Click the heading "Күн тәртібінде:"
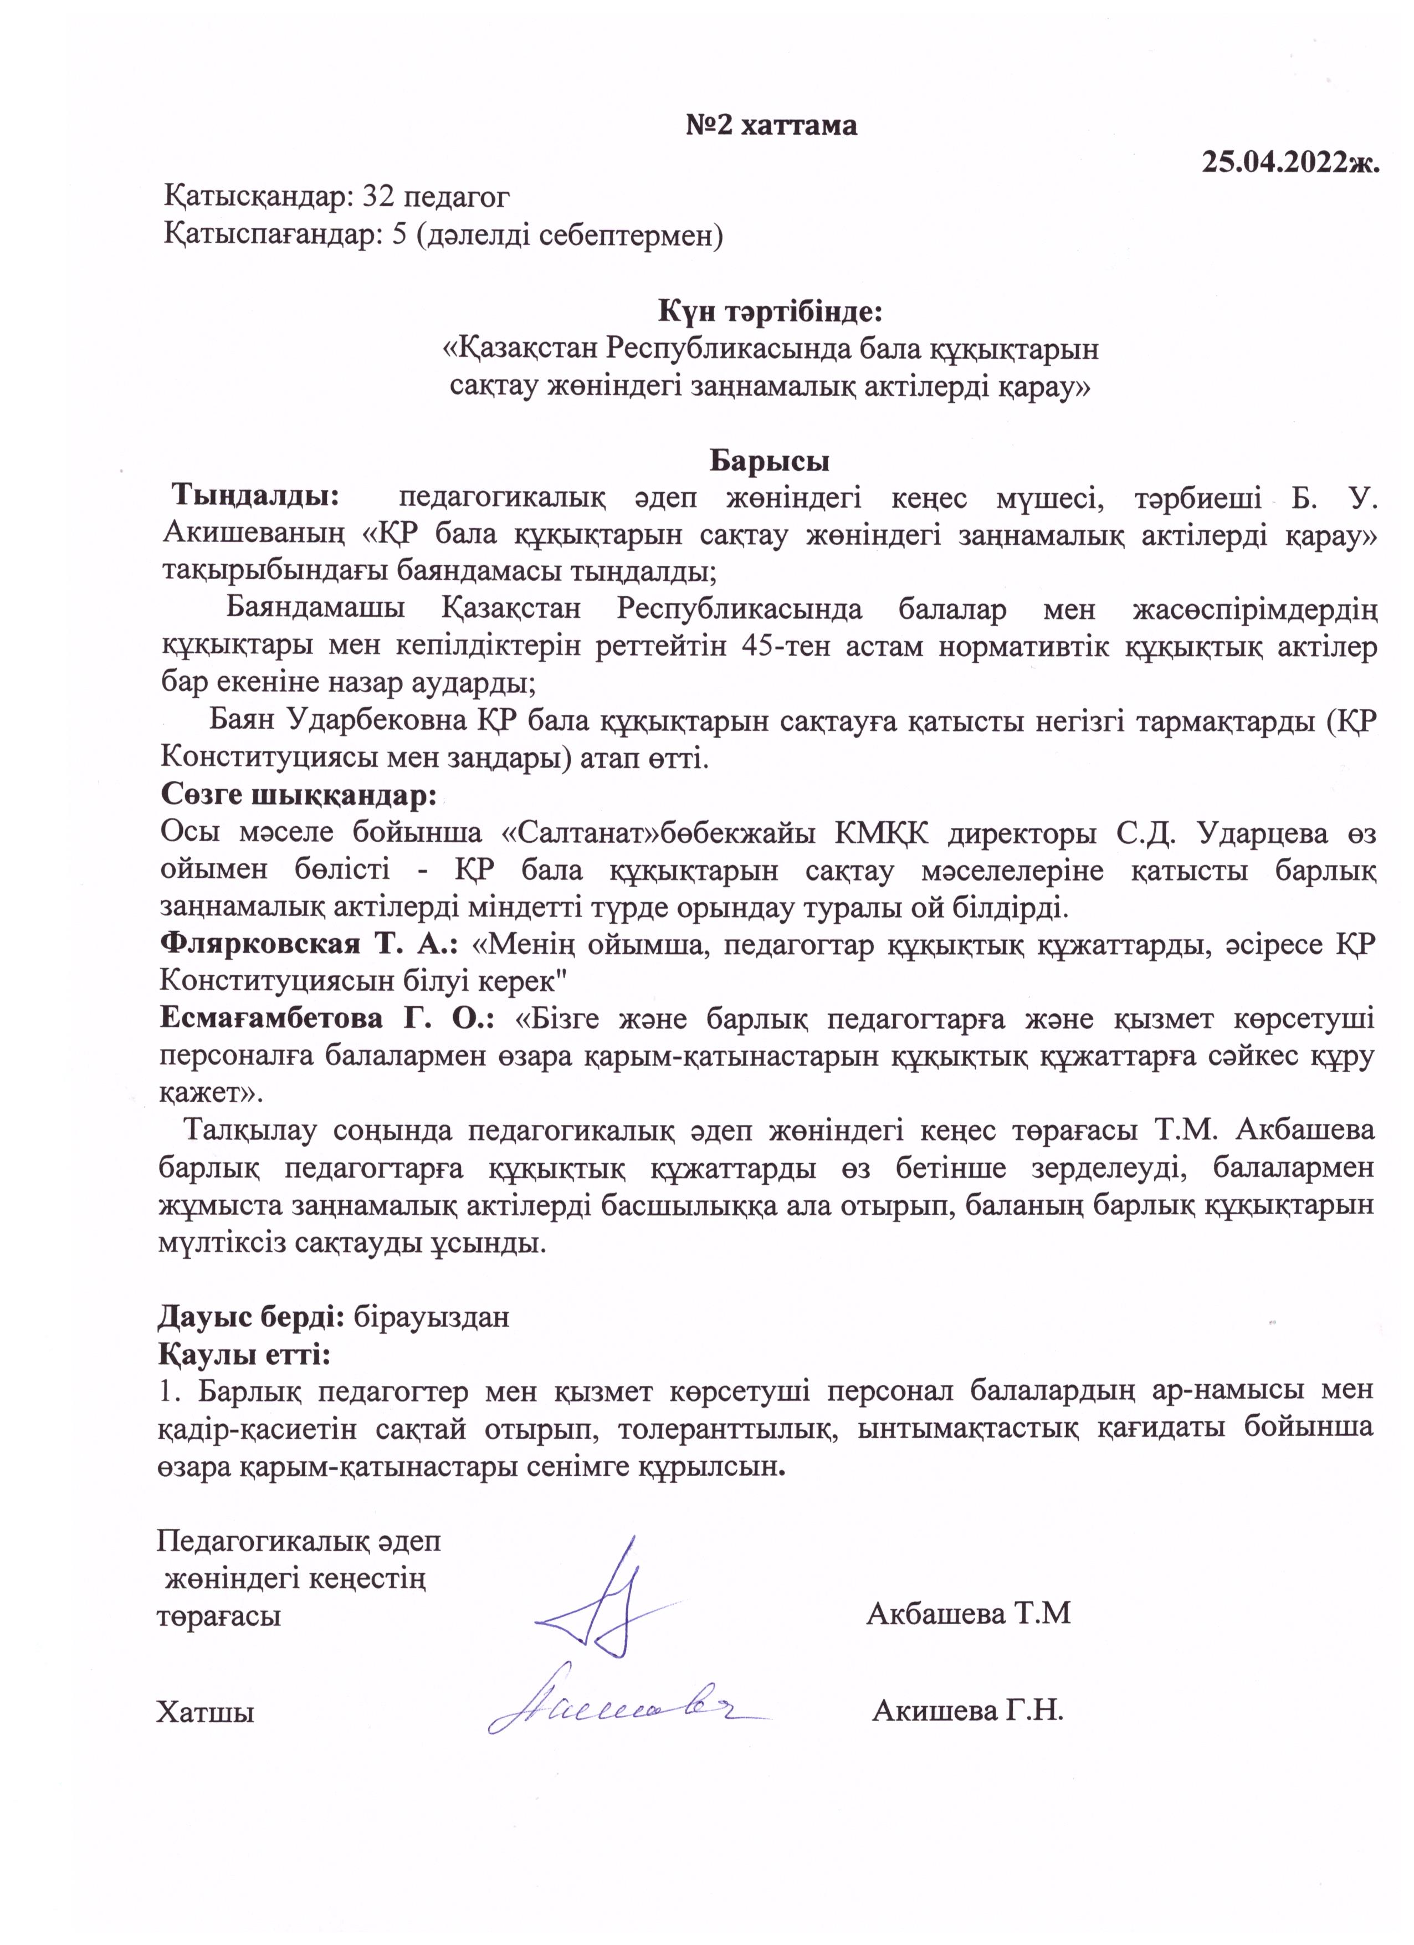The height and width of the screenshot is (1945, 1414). point(770,310)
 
